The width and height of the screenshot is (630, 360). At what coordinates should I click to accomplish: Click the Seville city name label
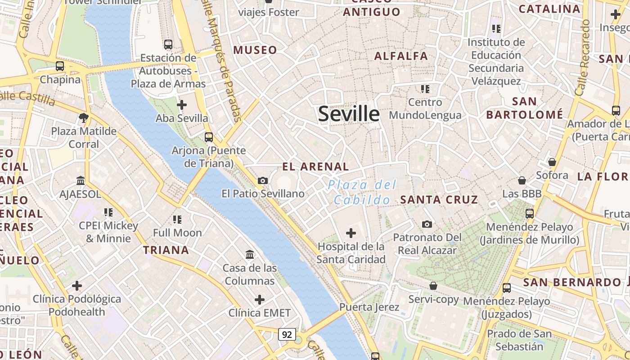(x=349, y=114)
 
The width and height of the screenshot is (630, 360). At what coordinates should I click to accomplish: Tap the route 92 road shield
(x=287, y=334)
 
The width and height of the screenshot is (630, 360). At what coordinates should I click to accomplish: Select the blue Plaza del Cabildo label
(x=362, y=192)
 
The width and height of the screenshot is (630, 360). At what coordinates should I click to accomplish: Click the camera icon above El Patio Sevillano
(x=263, y=180)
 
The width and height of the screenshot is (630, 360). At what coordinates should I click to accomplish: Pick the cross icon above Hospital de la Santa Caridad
(x=351, y=233)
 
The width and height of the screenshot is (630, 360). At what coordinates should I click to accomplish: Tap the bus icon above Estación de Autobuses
(x=168, y=45)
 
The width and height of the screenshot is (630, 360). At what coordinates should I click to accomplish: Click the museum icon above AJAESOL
(x=81, y=180)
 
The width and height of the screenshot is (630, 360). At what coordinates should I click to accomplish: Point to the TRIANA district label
(x=166, y=250)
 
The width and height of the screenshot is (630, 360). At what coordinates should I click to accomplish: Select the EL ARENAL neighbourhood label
(x=315, y=167)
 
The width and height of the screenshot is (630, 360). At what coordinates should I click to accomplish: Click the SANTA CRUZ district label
(x=439, y=200)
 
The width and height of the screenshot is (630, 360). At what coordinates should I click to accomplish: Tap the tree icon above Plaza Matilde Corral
(x=83, y=118)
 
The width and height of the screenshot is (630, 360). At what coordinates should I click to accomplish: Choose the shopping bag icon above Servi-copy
(x=433, y=286)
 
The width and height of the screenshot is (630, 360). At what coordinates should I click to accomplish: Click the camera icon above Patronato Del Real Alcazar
(x=427, y=224)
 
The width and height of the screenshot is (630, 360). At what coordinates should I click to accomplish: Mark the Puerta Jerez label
(x=369, y=307)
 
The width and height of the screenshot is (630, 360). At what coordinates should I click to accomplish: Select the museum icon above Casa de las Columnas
(x=250, y=255)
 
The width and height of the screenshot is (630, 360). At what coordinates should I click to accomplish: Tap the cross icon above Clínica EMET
(x=259, y=299)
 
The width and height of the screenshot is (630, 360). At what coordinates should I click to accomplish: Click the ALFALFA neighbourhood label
(x=401, y=56)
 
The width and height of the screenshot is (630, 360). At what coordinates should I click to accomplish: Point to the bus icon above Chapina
(x=60, y=66)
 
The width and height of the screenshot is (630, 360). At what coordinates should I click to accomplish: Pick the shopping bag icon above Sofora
(x=552, y=162)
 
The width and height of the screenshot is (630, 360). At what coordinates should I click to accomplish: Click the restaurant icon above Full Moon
(x=177, y=220)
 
